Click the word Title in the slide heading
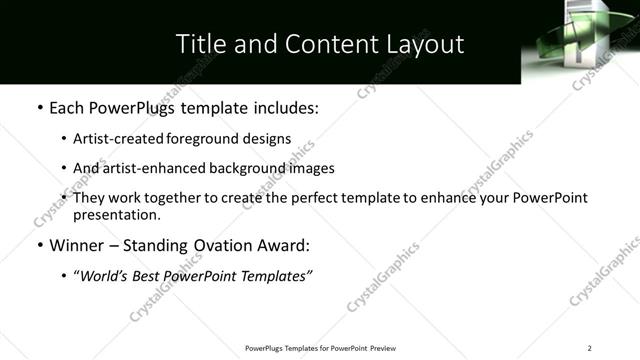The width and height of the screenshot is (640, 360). pos(200,44)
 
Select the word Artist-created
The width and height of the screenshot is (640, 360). pos(111,139)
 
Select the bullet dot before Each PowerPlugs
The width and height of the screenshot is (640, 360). pos(39,107)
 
